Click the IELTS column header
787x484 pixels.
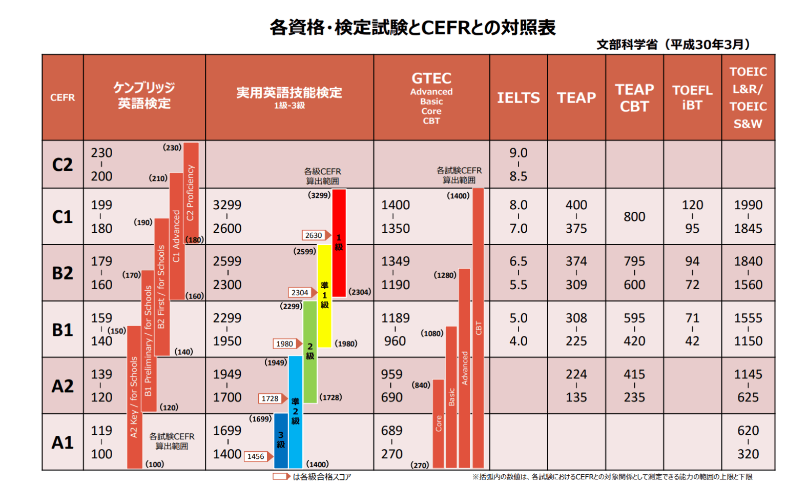[518, 97]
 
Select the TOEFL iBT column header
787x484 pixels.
[692, 97]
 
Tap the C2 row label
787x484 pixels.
[63, 165]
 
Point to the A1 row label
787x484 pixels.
[63, 442]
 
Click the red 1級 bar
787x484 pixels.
[339, 243]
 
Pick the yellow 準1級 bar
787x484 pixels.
[324, 295]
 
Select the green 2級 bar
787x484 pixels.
[310, 351]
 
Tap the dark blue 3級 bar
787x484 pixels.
[281, 440]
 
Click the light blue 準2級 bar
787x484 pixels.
[296, 411]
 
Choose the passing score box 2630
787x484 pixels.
[314, 235]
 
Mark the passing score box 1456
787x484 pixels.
[256, 456]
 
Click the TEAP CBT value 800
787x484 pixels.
[634, 217]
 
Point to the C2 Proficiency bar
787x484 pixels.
[191, 192]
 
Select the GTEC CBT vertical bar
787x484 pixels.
[478, 328]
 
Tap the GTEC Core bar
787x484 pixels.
[439, 423]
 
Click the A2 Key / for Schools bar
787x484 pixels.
[134, 397]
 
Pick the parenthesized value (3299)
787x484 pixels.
[319, 195]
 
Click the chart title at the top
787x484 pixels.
[412, 27]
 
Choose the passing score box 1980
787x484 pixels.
[285, 344]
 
